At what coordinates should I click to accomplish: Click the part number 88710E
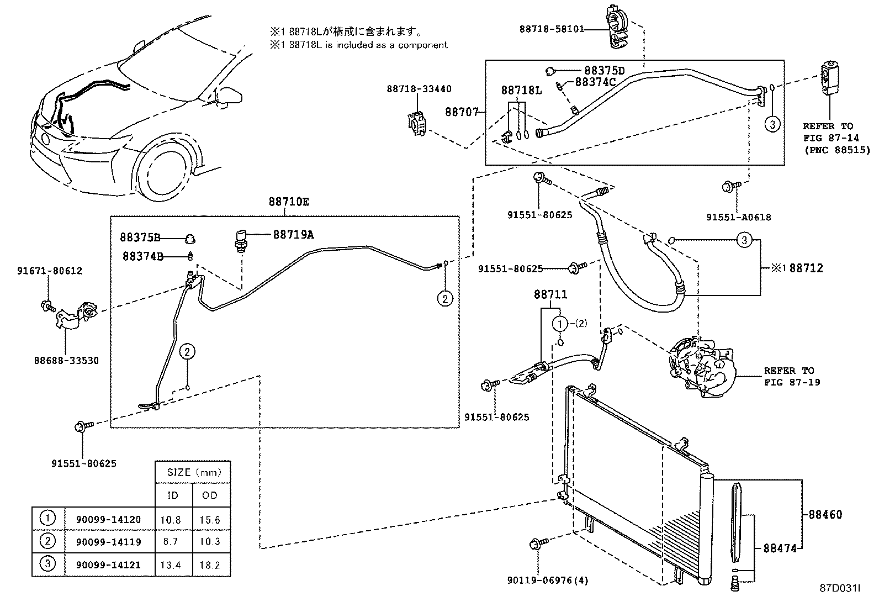click(x=289, y=202)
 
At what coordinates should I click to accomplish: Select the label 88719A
click(x=294, y=235)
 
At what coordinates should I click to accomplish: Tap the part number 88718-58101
click(x=552, y=29)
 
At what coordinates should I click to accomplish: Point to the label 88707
click(x=462, y=112)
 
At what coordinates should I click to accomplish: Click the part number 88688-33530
click(x=66, y=361)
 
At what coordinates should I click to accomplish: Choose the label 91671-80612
click(x=50, y=271)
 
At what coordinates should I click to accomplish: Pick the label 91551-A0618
click(x=739, y=217)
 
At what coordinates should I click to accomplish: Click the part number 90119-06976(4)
click(x=548, y=580)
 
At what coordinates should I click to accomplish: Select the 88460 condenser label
click(x=825, y=514)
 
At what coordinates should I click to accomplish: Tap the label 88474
click(x=780, y=548)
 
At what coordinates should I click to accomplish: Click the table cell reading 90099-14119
click(x=108, y=542)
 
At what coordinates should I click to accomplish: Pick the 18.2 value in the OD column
click(x=210, y=565)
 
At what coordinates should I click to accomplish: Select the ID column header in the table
click(x=173, y=495)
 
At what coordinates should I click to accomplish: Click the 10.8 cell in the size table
click(x=171, y=520)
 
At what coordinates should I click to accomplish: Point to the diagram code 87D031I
click(x=840, y=588)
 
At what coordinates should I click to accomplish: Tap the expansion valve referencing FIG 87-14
click(x=830, y=78)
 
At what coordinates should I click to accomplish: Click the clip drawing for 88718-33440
click(x=416, y=124)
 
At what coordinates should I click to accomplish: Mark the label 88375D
click(x=604, y=71)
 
